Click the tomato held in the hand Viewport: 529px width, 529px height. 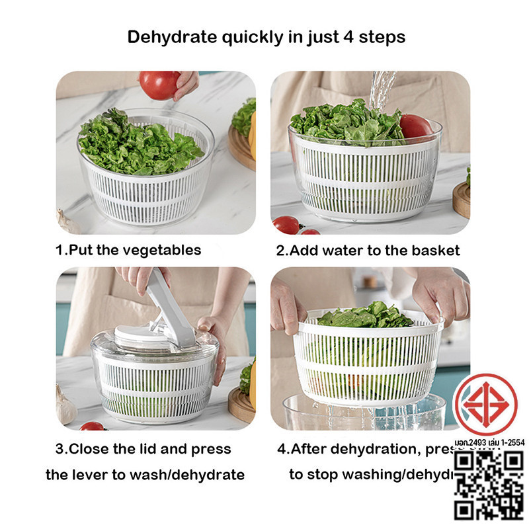point(159,85)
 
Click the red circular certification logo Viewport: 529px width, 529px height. point(486,404)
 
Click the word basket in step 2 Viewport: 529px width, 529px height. point(435,251)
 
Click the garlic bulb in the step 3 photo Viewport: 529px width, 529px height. point(65,407)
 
